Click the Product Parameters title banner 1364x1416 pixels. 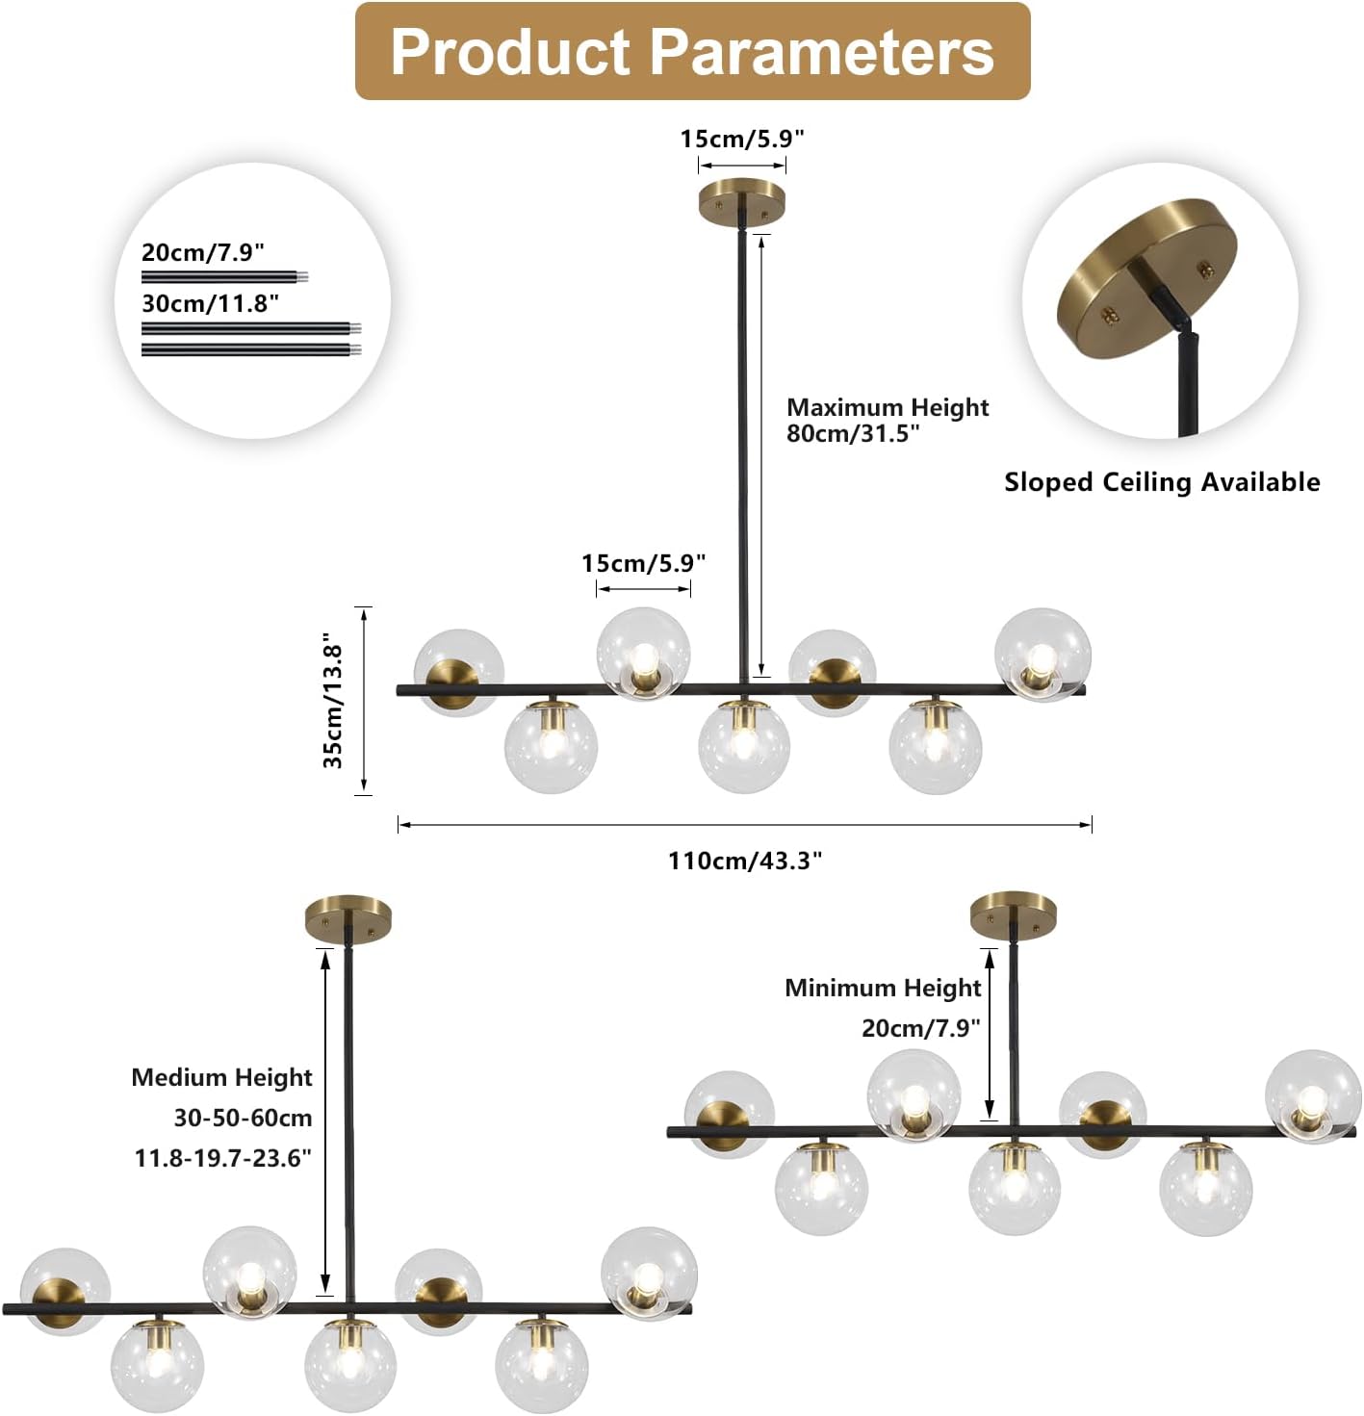pyautogui.click(x=692, y=51)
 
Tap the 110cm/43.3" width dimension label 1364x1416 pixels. pyautogui.click(x=745, y=860)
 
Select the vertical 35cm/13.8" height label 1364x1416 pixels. pyautogui.click(x=333, y=701)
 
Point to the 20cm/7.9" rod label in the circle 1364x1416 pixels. pyautogui.click(x=203, y=252)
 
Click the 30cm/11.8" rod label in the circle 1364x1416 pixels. pyautogui.click(x=211, y=303)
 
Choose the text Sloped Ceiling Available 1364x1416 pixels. pyautogui.click(x=1162, y=482)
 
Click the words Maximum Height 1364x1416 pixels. pyautogui.click(x=888, y=407)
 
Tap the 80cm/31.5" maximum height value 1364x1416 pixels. pyautogui.click(x=853, y=433)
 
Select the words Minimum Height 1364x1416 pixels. pyautogui.click(x=883, y=988)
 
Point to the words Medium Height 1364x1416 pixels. pyautogui.click(x=221, y=1077)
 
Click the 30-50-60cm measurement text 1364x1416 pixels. pyautogui.click(x=243, y=1118)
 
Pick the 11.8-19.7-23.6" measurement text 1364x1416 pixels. pyautogui.click(x=223, y=1157)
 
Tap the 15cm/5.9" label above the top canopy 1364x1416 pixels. pyautogui.click(x=741, y=139)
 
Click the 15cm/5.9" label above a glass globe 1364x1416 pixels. pyautogui.click(x=643, y=563)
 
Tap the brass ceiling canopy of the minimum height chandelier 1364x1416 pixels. pyautogui.click(x=1013, y=915)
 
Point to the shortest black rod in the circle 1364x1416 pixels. pyautogui.click(x=223, y=277)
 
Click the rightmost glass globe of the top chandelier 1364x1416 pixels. pyautogui.click(x=1042, y=654)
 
